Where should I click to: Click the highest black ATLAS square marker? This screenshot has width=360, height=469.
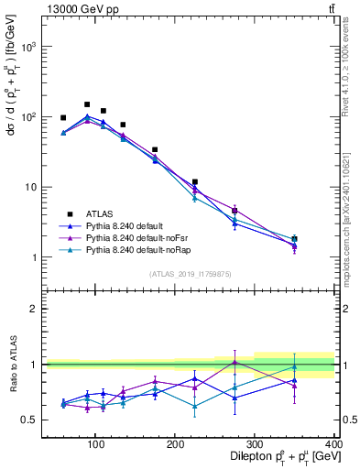pyautogui.click(x=87, y=104)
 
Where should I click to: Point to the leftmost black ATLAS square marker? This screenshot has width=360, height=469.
pyautogui.click(x=63, y=118)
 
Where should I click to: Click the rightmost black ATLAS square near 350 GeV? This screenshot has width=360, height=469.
pyautogui.click(x=320, y=239)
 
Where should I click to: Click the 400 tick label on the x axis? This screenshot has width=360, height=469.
pyautogui.click(x=334, y=443)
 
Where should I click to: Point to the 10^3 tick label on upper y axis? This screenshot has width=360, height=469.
pyautogui.click(x=29, y=46)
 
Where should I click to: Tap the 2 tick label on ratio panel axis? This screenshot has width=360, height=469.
pyautogui.click(x=32, y=309)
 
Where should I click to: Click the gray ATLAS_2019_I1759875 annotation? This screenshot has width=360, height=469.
pyautogui.click(x=190, y=273)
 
